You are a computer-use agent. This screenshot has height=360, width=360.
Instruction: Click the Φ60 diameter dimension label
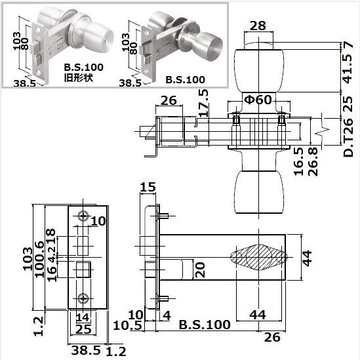coord(258,100)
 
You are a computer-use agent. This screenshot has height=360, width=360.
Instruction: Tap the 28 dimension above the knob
coord(258,26)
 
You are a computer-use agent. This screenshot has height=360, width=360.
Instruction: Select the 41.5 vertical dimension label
coord(347,68)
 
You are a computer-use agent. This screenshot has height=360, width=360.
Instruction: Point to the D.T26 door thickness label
coord(348,138)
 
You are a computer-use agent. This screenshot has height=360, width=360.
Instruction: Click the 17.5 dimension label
coord(204,103)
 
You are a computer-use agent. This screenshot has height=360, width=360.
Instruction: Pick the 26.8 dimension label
coord(313,161)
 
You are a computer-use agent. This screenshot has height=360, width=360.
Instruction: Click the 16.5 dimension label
coord(299,161)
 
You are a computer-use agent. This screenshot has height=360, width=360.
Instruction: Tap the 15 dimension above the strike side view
coord(148,187)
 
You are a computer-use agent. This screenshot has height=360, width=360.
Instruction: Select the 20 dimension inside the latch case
coord(200,270)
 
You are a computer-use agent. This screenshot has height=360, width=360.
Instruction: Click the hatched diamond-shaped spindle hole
coord(259,257)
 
